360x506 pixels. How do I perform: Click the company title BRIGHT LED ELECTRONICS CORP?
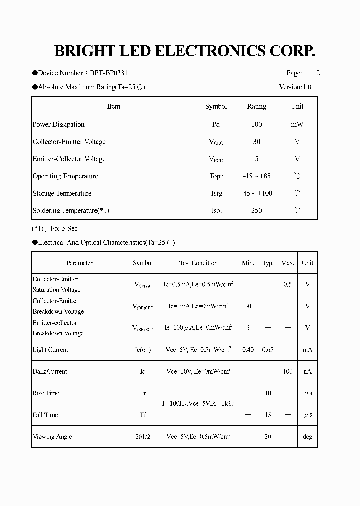tap(184, 51)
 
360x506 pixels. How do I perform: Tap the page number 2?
tap(318, 73)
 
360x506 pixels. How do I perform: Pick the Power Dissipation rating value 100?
tap(256, 124)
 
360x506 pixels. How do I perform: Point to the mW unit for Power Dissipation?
tap(297, 124)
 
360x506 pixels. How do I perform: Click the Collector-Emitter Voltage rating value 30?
tap(256, 142)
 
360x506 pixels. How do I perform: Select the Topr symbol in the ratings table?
tap(216, 176)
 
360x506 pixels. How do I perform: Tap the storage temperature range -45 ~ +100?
tap(256, 193)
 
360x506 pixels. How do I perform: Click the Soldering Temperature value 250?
tap(256, 210)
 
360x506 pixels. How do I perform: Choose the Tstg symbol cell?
tap(216, 193)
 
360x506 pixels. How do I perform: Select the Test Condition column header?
tap(198, 263)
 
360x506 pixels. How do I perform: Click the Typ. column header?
tap(268, 263)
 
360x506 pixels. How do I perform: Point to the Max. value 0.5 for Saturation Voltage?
tap(287, 284)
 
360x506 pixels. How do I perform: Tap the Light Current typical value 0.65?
tap(268, 350)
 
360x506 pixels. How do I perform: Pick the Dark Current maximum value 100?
tap(287, 371)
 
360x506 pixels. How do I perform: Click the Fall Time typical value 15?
tap(268, 415)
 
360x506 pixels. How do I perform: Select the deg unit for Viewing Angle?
tap(307, 437)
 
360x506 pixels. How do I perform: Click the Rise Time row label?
tap(46, 393)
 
